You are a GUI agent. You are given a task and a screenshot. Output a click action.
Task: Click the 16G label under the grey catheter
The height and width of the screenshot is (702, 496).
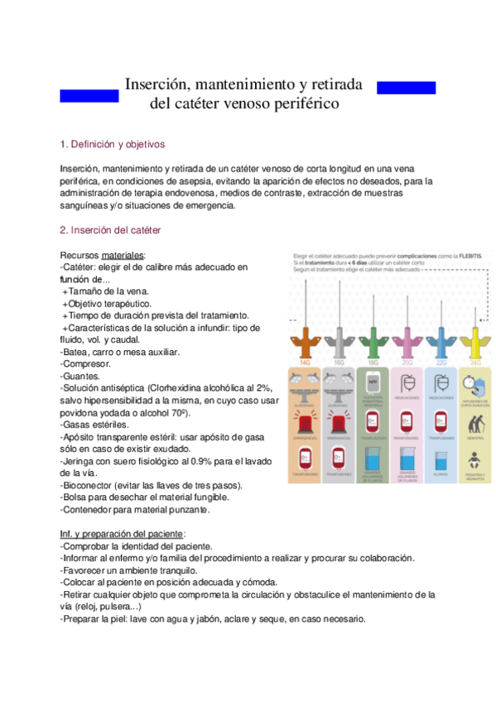(339, 361)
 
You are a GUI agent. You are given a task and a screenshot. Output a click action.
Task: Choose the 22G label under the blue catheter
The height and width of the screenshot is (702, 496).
(441, 361)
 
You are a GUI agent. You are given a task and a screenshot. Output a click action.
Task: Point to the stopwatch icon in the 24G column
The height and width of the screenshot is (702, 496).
(474, 382)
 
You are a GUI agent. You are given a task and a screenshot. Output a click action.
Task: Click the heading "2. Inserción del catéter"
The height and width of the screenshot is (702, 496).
(111, 229)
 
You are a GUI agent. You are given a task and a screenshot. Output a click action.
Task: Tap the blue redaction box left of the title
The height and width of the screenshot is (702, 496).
(89, 96)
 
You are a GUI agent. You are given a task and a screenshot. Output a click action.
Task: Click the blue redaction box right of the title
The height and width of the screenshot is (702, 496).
(406, 88)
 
